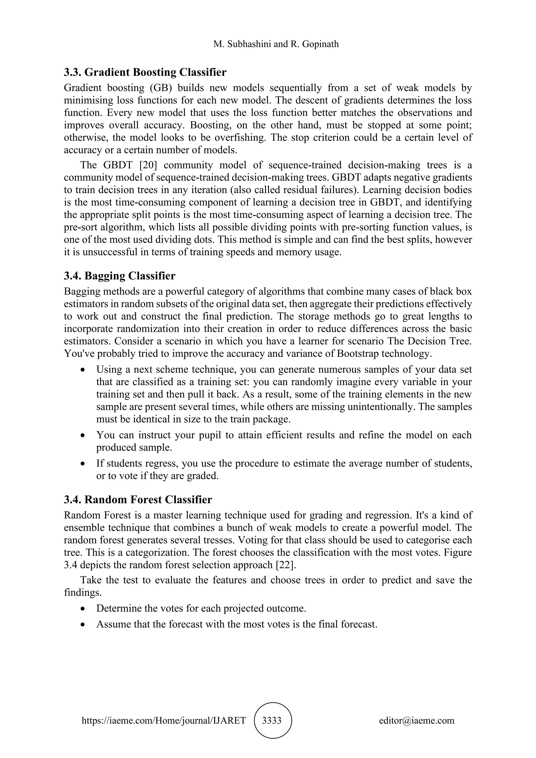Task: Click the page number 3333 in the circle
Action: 271,720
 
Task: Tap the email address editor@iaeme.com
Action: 416,720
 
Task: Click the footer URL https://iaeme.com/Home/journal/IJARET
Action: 164,720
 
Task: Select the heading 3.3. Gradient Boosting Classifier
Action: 145,72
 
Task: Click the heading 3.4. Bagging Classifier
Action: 120,276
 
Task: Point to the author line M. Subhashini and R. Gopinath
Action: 276,44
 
